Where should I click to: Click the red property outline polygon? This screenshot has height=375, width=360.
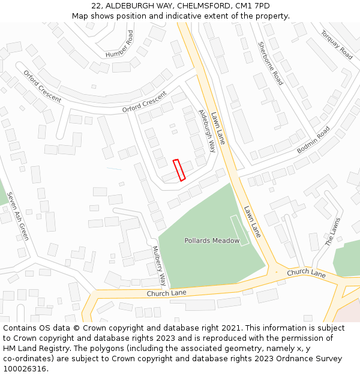coord(179,170)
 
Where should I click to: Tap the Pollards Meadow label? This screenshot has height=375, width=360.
coord(212,241)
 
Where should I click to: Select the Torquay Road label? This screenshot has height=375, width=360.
coord(337,44)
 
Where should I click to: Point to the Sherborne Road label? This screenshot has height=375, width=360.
coord(270,63)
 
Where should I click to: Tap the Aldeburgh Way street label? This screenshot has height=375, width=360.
coord(207,130)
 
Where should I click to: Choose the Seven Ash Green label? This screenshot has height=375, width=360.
coord(18,215)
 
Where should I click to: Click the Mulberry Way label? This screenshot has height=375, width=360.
coord(158,265)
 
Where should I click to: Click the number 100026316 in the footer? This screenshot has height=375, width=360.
coord(24,368)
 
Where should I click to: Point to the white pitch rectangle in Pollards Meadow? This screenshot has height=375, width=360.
coord(239,230)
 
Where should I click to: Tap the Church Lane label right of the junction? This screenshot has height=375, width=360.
coord(306,273)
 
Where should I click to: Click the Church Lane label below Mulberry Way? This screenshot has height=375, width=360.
coord(166,293)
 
